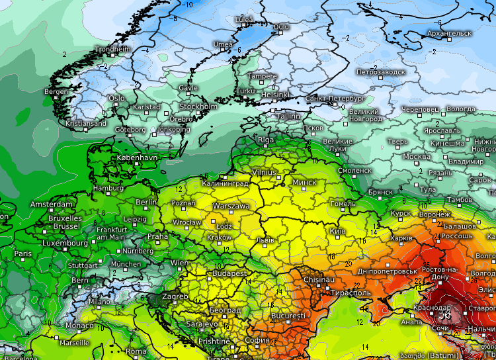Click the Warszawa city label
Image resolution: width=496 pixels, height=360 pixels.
click(231, 206)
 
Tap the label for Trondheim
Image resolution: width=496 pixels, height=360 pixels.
click(113, 49)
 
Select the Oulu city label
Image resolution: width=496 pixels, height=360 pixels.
click(282, 26)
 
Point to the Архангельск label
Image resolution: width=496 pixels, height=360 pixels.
click(450, 33)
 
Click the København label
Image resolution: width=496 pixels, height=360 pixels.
click(137, 158)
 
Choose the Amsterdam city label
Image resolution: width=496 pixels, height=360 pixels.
click(52, 204)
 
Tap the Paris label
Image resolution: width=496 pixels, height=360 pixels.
click(23, 253)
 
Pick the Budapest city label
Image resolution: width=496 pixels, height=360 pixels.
click(229, 273)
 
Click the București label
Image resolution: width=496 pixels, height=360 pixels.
click(288, 316)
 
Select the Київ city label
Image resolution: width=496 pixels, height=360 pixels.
click(337, 231)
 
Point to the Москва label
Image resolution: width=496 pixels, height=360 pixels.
click(417, 157)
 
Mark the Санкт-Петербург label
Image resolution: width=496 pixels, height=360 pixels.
click(335, 99)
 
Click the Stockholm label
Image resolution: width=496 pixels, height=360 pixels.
click(198, 107)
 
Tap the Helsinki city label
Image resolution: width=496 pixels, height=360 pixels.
click(275, 95)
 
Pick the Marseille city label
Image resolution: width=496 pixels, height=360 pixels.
click(74, 343)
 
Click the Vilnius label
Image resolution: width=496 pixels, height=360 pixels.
click(265, 172)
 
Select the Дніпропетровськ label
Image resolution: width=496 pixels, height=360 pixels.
click(388, 271)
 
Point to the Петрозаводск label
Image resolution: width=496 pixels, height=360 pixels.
click(381, 71)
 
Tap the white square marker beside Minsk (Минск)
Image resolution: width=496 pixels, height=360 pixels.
click(286, 181)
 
